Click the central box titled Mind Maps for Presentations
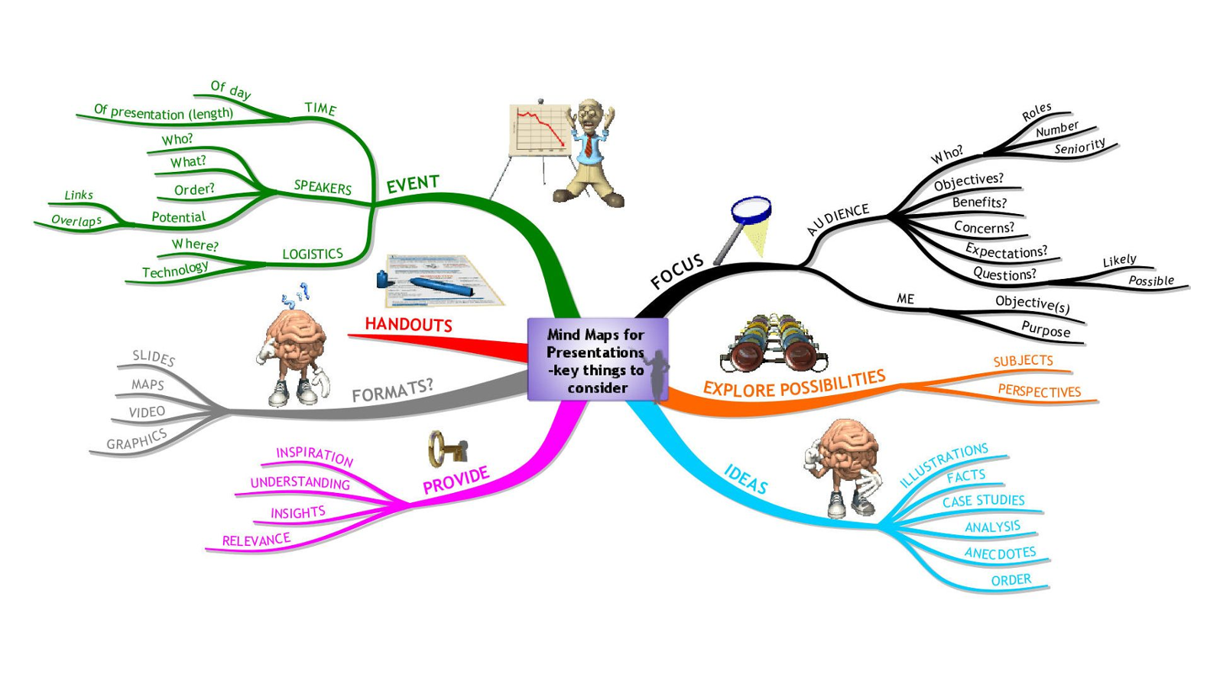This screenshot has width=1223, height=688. [596, 360]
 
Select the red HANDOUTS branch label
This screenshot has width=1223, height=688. [408, 325]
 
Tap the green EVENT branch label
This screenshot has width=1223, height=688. [412, 184]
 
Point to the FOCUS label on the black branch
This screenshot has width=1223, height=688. [676, 271]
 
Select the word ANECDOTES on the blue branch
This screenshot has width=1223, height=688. [1000, 553]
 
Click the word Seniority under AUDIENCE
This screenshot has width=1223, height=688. [1079, 147]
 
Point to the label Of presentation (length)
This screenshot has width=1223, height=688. [163, 112]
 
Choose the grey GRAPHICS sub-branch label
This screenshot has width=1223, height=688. [137, 440]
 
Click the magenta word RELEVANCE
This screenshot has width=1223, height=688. [256, 540]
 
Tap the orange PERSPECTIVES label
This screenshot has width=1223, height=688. [1039, 391]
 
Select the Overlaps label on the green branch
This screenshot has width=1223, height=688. [76, 221]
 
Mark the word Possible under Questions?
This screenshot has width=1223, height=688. [1150, 281]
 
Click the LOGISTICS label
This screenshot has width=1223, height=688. [312, 254]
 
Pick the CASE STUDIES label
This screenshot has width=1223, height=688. [983, 501]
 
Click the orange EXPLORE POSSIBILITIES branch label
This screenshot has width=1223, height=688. [793, 384]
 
